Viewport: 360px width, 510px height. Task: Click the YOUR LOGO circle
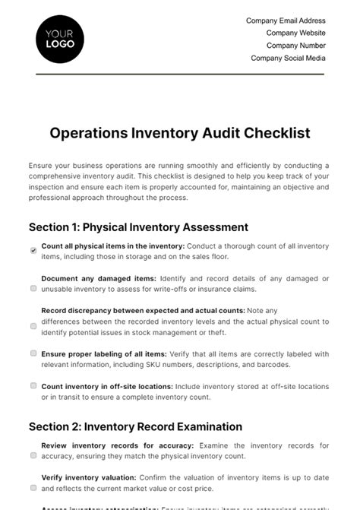60,39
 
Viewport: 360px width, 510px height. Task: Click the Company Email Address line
286,21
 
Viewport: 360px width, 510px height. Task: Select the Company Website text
295,33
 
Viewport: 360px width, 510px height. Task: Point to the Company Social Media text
288,58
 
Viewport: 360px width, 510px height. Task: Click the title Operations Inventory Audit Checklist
180,133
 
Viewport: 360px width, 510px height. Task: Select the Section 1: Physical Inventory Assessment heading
138,226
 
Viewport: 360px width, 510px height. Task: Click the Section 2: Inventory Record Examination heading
135,426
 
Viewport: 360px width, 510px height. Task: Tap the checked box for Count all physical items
33,250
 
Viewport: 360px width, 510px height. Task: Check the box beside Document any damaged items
33,288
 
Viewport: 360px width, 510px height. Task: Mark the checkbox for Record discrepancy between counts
33,326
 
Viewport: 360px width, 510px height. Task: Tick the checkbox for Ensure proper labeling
33,353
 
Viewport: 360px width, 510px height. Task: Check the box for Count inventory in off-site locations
33,386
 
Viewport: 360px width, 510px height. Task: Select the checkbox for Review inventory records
33,455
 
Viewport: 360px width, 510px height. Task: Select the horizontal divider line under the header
180,74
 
